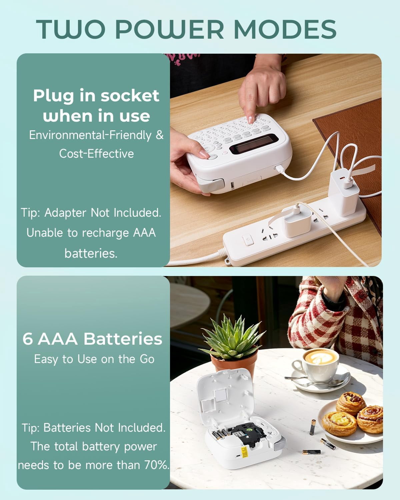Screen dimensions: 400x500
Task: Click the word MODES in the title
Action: pos(285,29)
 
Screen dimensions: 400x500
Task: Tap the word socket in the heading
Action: pos(130,95)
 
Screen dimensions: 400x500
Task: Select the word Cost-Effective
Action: pos(96,154)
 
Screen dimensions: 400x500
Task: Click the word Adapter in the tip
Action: pos(65,213)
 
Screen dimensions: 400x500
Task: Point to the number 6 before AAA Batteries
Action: pos(28,339)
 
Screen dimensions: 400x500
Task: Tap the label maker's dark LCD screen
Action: pos(254,144)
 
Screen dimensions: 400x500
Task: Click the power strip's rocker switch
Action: pos(248,240)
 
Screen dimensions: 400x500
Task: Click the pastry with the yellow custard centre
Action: pos(339,424)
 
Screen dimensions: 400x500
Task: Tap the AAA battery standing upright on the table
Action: pos(313,427)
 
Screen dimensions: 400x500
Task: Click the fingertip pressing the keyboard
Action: pos(251,120)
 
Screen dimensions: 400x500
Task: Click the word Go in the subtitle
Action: pos(147,359)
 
